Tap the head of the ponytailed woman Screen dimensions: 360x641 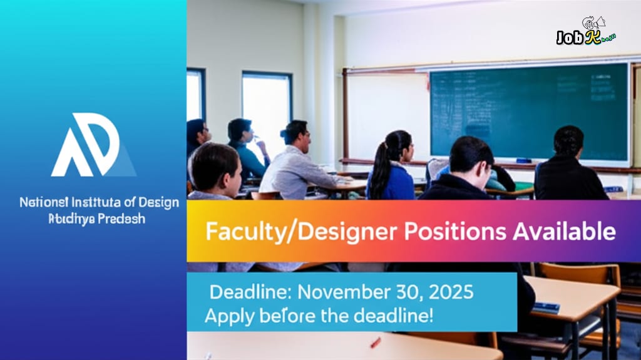coord(398,145)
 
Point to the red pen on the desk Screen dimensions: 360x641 coord(375,342)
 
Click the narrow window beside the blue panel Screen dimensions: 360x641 coord(195,94)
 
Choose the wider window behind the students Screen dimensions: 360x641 coord(267,106)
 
